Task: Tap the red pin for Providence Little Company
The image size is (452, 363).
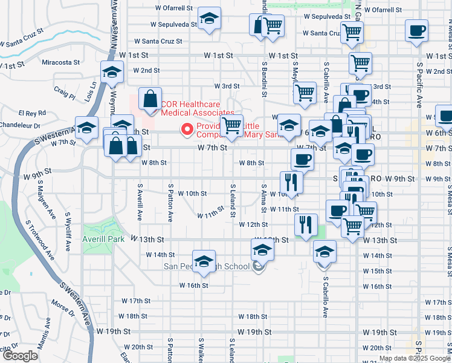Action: [187, 129]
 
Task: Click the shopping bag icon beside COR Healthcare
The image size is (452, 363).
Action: [150, 99]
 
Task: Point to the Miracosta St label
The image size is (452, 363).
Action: [61, 62]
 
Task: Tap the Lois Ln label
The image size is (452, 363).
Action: [92, 91]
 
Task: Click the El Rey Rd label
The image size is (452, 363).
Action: [33, 113]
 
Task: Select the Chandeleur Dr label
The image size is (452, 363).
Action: [20, 126]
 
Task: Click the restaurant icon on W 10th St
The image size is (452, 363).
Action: [291, 182]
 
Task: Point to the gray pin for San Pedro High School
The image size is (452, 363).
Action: [259, 266]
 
